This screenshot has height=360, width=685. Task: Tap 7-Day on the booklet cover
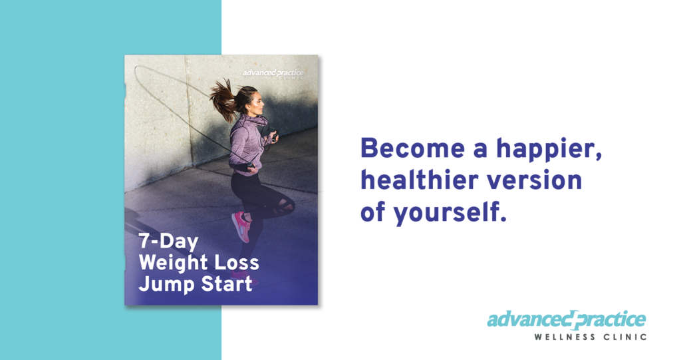pyautogui.click(x=168, y=242)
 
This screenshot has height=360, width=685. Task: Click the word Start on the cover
pyautogui.click(x=224, y=284)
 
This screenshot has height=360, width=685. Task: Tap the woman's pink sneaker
pyautogui.click(x=241, y=226)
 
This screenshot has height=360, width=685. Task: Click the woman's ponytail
pyautogui.click(x=224, y=100)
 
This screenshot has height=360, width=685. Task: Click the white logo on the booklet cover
pyautogui.click(x=273, y=73)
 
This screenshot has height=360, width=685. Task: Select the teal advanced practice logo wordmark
pyautogui.click(x=567, y=320)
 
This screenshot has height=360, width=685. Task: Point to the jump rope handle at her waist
pyautogui.click(x=249, y=165)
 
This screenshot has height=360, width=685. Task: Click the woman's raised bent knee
pyautogui.click(x=286, y=206)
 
